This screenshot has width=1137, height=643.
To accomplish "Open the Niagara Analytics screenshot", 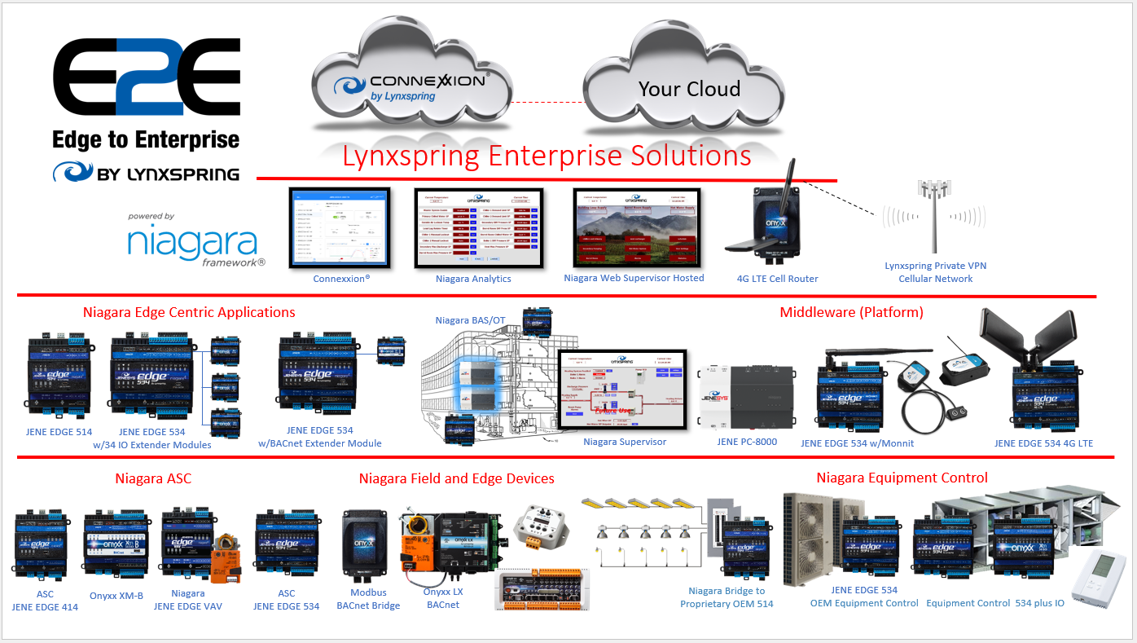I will (472, 228).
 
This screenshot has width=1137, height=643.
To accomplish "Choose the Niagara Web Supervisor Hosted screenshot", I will (633, 228).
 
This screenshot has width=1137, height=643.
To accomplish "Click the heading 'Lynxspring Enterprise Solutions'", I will (547, 156).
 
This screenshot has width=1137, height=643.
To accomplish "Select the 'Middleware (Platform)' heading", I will (851, 312).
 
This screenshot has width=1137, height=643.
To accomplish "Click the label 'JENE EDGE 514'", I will (59, 432).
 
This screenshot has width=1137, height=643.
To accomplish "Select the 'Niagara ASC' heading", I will (153, 478).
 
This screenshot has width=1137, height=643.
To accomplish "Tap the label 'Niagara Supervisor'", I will (625, 442).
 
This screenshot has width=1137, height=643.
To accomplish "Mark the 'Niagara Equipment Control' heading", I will (902, 478).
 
